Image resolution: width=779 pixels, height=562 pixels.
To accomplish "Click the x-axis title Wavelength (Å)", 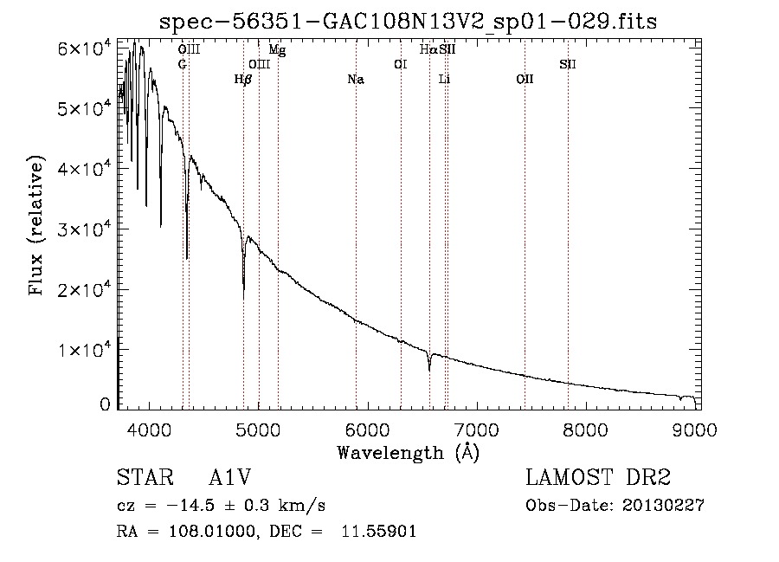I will (x=408, y=452).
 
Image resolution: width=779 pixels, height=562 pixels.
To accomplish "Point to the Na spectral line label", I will (x=355, y=80).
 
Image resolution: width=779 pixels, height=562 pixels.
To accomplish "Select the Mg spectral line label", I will (x=277, y=50).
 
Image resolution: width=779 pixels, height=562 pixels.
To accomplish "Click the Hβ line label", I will (x=243, y=80).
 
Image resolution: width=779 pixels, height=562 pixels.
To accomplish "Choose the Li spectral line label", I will (x=444, y=80).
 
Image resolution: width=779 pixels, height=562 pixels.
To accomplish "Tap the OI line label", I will (x=400, y=64).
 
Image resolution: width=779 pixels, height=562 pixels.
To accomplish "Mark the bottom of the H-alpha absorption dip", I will (x=429, y=371).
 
